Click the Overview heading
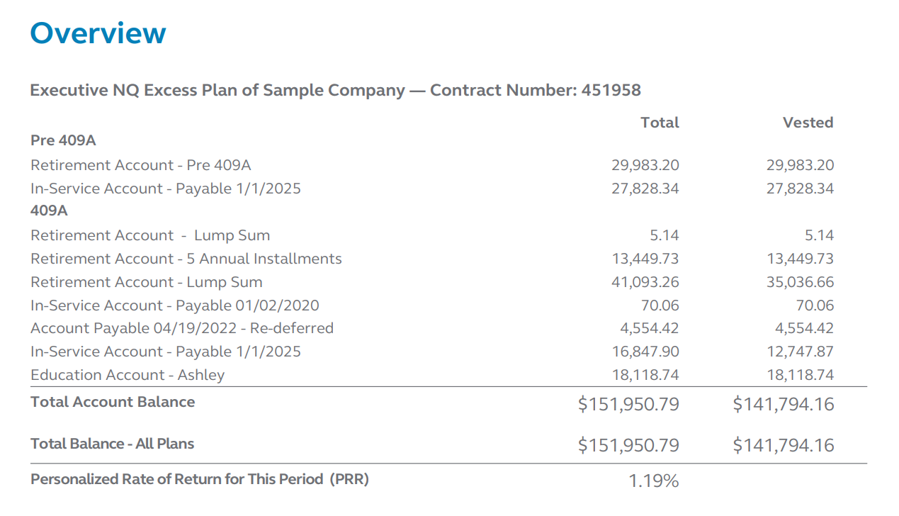(98, 33)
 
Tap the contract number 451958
(611, 91)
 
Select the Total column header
(660, 123)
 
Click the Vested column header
(808, 123)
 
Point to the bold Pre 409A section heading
(63, 140)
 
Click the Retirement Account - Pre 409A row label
(140, 165)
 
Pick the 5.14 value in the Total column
(663, 235)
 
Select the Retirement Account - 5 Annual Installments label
(186, 259)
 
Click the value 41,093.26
(645, 282)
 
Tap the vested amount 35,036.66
(800, 282)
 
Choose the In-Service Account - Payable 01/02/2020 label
(174, 305)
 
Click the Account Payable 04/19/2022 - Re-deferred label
(181, 328)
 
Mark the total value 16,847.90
(645, 352)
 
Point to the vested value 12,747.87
(800, 352)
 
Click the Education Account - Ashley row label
(128, 375)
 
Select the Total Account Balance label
(113, 402)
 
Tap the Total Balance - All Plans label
(112, 444)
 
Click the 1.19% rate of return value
(653, 481)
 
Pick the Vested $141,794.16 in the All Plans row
(784, 445)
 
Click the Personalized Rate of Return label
(199, 479)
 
